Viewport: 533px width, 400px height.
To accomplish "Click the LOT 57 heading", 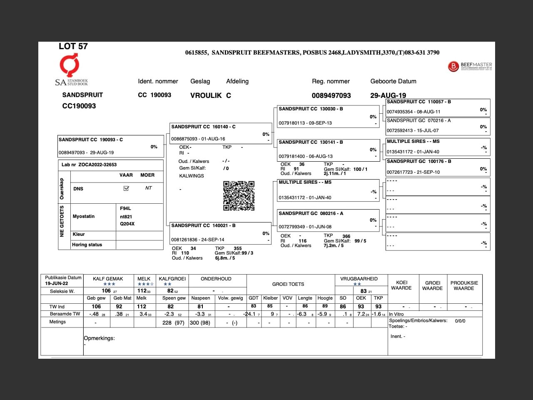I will tap(73, 46).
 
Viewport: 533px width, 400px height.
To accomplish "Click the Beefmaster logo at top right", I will tap(470, 66).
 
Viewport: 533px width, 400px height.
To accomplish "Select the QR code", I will tap(239, 196).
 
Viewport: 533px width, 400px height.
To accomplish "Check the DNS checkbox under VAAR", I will tap(126, 188).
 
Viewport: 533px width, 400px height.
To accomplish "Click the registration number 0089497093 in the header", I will tap(331, 95).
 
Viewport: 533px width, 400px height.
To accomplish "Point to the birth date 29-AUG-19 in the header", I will tap(388, 95).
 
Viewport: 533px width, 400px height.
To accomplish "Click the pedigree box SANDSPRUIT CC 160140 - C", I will tap(221, 133).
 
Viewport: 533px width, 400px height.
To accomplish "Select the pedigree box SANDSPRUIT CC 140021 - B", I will tap(221, 232).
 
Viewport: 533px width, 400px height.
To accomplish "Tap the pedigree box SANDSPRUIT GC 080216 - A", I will tap(328, 220).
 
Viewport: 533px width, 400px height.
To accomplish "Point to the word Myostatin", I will tap(84, 216).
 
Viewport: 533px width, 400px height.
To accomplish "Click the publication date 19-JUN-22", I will tap(57, 283).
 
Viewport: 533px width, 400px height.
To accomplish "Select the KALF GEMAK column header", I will tap(108, 279).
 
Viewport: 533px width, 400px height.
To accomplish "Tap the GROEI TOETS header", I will tap(288, 284).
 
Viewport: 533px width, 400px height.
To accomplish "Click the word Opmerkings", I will tap(99, 338).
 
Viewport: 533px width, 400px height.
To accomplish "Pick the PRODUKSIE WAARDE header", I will tap(464, 285).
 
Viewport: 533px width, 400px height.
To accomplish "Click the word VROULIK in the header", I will tap(206, 95).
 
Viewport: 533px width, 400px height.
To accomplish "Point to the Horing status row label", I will tap(87, 245).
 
